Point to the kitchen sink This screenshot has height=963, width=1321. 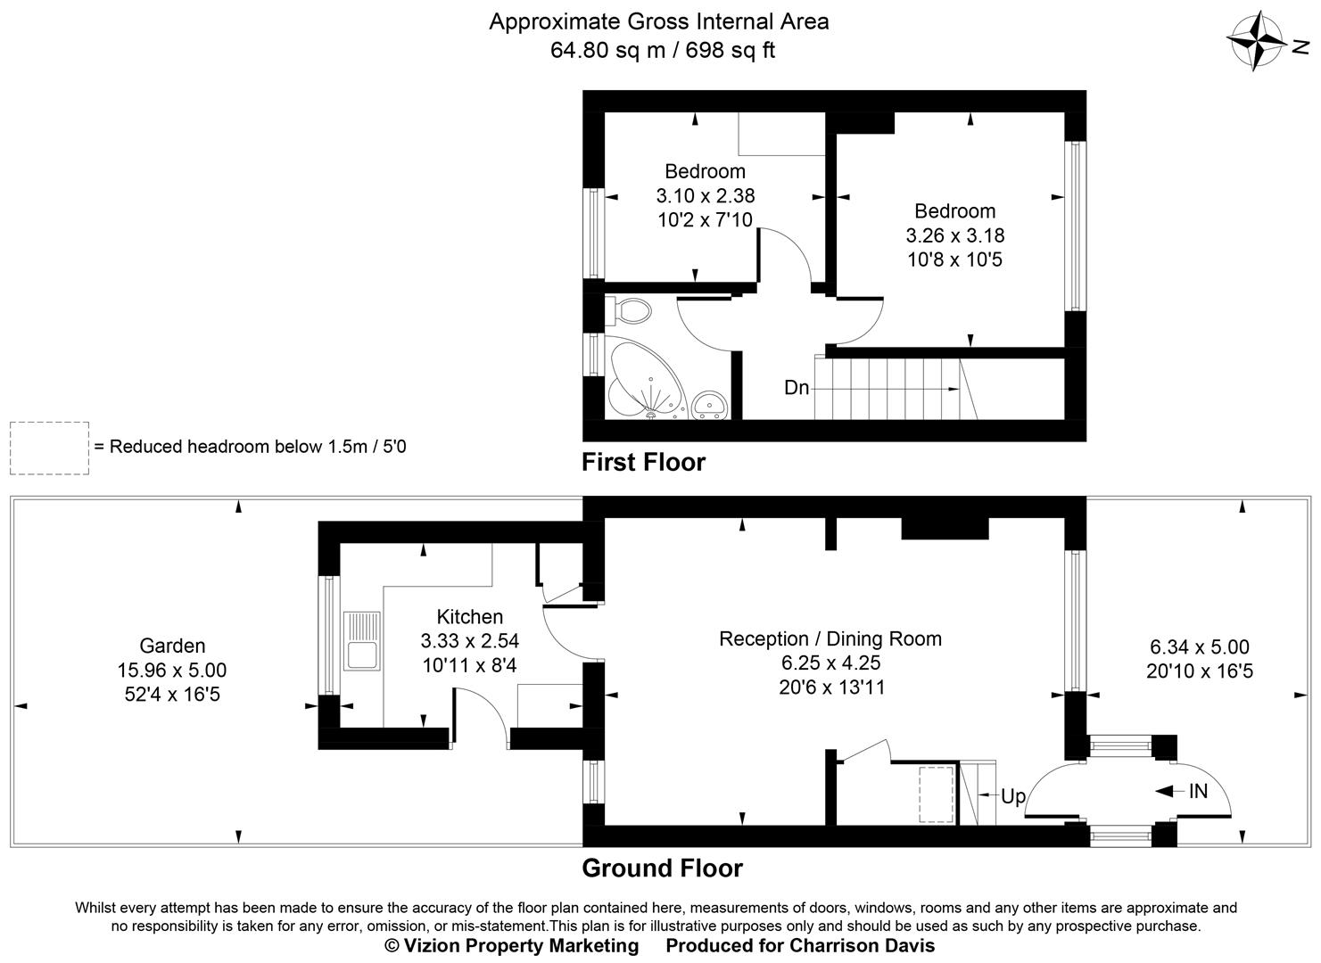(362, 640)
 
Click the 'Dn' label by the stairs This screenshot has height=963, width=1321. (797, 388)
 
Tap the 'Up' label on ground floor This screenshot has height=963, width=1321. (1013, 796)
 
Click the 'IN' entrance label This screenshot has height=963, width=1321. (1198, 790)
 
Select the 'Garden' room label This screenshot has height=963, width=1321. (172, 646)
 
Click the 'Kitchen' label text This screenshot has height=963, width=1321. (469, 616)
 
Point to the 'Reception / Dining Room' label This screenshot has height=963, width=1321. (830, 638)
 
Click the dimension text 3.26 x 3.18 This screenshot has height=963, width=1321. (954, 235)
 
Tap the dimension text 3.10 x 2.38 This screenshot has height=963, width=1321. (705, 195)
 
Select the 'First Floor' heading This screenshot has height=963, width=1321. (643, 462)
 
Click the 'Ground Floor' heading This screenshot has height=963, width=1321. (662, 868)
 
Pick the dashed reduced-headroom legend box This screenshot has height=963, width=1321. (49, 448)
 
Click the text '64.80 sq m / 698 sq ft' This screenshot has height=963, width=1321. (662, 50)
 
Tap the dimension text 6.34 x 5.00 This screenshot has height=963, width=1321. (1199, 647)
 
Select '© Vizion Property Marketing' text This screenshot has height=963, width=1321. (511, 945)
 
